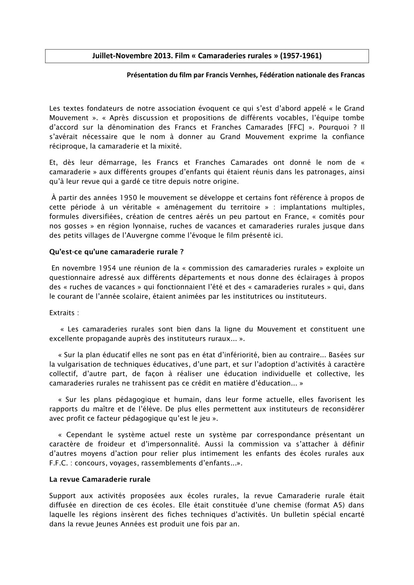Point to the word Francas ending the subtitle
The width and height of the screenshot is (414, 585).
(352, 75)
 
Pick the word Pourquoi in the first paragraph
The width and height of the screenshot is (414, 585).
(333, 127)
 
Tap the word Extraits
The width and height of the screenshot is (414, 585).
(62, 313)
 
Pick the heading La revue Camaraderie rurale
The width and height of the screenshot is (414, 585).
(100, 479)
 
